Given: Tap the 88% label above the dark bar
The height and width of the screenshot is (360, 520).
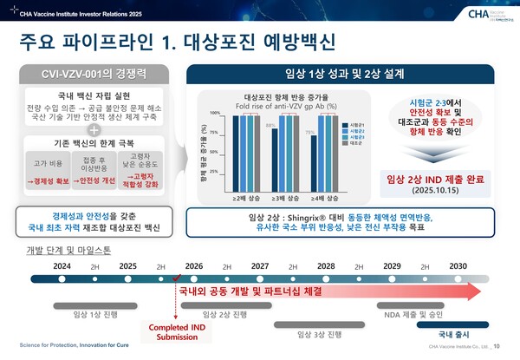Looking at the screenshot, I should tap(270, 126).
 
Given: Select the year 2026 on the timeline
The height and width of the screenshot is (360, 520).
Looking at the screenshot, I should tap(193, 265).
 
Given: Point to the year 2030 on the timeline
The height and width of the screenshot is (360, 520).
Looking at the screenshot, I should tap(458, 265).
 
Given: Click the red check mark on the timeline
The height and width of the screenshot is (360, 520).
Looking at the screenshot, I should tap(176, 280).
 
